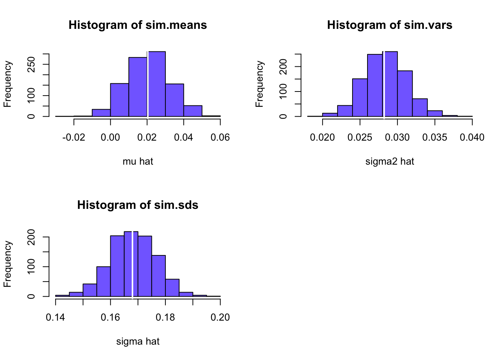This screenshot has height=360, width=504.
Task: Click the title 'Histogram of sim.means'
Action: [x=138, y=25]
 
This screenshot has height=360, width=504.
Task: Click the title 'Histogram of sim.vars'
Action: [x=390, y=25]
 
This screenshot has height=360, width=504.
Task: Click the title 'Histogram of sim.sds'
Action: [x=138, y=205]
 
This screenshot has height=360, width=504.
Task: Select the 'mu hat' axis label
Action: [x=138, y=162]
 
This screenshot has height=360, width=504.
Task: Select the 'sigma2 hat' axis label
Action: [x=390, y=162]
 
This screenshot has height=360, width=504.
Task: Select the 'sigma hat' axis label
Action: [x=138, y=342]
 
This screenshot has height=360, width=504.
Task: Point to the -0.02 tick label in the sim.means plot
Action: [x=73, y=138]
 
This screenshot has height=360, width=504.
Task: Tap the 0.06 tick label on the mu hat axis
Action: [x=220, y=138]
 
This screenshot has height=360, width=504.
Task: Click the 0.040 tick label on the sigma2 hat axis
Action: [x=472, y=138]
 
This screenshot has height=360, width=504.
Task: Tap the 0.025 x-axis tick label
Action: [x=360, y=138]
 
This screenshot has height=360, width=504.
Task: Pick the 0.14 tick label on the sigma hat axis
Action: [x=55, y=318]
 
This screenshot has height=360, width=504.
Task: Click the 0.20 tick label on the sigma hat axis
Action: [x=220, y=318]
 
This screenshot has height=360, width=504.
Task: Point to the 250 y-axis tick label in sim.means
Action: [x=32, y=64]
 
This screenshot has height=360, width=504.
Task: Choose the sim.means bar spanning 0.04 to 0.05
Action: [x=193, y=111]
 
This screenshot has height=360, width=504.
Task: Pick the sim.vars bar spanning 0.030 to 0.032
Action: [x=405, y=93]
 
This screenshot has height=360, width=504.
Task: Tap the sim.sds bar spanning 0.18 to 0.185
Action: [x=172, y=288]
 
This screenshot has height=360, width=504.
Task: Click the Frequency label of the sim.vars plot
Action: [x=259, y=84]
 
